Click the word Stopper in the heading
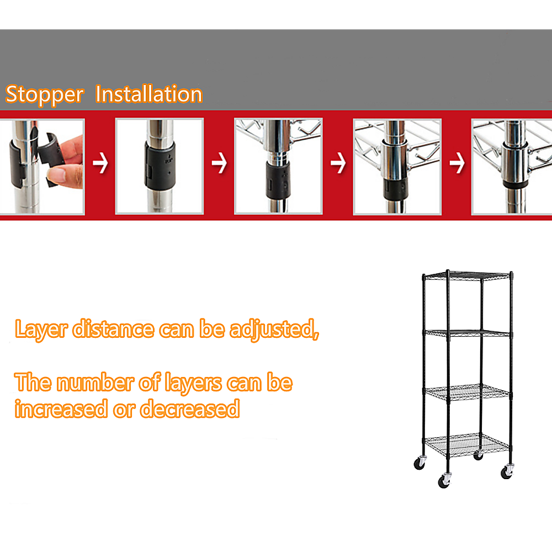point(44,94)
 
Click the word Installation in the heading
point(148,94)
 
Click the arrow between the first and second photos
point(100,164)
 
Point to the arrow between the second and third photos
point(219,164)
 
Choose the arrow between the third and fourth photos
point(338,164)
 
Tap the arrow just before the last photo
point(457,164)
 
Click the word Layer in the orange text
point(41,330)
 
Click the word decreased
point(189,409)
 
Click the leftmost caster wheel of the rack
point(420,464)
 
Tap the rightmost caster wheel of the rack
point(507,471)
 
